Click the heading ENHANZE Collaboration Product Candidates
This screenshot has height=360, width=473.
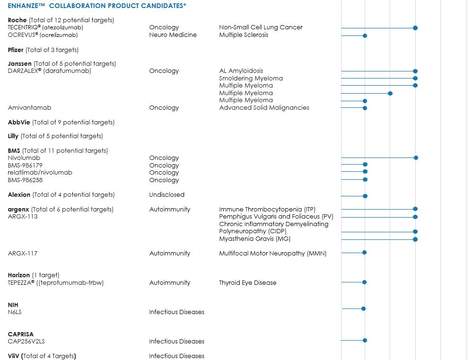[x=97, y=5]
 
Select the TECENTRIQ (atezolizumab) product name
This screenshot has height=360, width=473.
[x=45, y=27]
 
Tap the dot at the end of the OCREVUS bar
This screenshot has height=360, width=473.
[x=365, y=35]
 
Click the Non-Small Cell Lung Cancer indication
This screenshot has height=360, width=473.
[x=261, y=27]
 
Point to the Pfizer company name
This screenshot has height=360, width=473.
[x=16, y=50]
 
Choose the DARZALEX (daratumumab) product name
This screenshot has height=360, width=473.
[x=49, y=71]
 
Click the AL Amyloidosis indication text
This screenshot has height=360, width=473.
[x=241, y=71]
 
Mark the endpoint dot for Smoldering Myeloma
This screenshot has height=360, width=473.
[x=415, y=78]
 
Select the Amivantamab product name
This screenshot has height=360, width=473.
[x=29, y=108]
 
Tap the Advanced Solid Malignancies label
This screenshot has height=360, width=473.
[x=264, y=108]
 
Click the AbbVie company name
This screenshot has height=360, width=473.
[x=19, y=122]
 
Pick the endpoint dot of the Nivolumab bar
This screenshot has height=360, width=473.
[x=416, y=158]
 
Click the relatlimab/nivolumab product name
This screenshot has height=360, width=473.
[x=40, y=173]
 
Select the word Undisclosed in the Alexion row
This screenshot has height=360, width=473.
[x=166, y=194]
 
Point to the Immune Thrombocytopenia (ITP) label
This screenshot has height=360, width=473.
[x=267, y=209]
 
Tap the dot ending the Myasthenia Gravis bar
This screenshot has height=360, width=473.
[x=415, y=239]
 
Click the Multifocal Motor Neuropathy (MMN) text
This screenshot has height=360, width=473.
[x=272, y=253]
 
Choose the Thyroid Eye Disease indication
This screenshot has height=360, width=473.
[x=247, y=282]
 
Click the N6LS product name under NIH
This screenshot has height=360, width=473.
[x=15, y=312]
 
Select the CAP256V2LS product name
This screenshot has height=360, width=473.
[x=26, y=341]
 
